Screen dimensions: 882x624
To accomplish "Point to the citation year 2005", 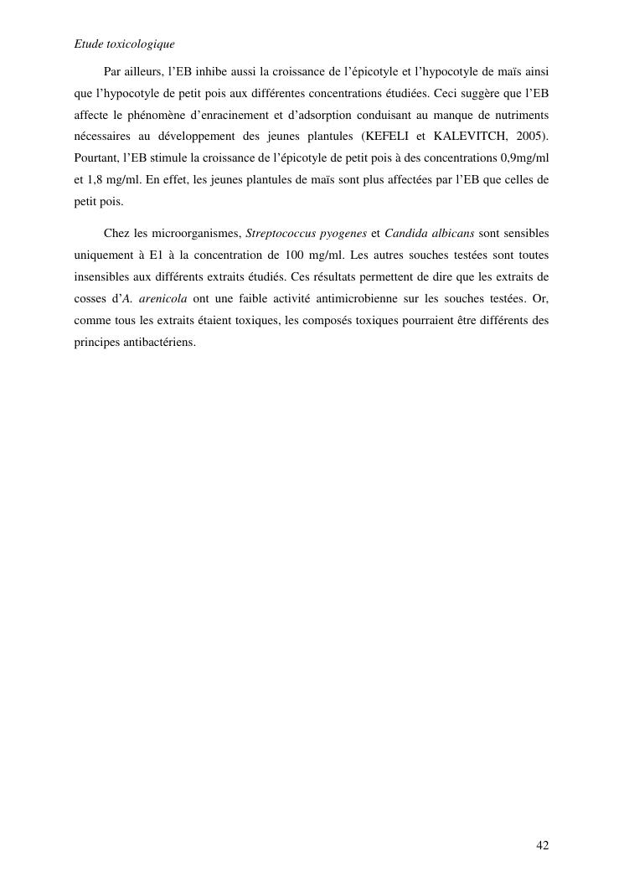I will click(x=530, y=136).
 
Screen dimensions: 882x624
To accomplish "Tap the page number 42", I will click(x=543, y=845).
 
